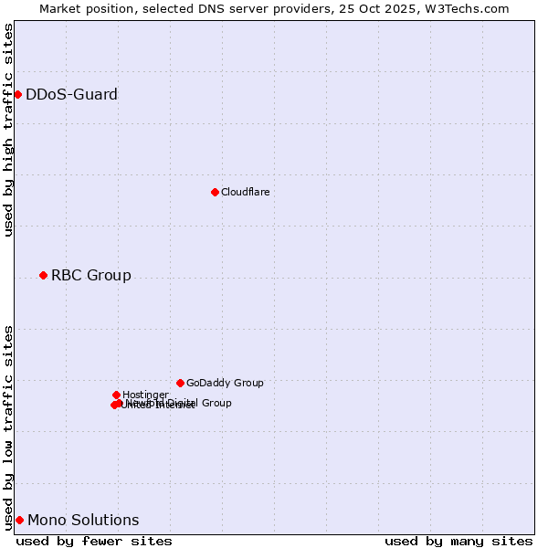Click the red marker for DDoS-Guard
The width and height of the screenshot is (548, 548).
pos(17,94)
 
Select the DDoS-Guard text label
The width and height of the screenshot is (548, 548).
pos(71,94)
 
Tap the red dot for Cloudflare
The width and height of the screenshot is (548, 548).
pos(215,192)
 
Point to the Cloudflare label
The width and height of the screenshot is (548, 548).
pos(245,192)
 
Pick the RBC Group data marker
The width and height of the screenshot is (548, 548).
pos(43,275)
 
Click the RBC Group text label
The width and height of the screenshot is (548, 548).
pos(90,275)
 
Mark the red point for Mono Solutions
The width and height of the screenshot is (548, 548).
pos(19,520)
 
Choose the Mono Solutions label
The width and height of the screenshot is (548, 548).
pos(83,520)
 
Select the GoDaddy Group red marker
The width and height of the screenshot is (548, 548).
pos(180,383)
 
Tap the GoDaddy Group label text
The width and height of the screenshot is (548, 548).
pos(225,383)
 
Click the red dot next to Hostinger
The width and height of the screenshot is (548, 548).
pos(116,395)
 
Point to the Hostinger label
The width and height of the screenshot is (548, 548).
pos(145,395)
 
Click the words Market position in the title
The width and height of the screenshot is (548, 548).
pos(84,8)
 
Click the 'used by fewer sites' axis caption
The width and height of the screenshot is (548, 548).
pos(94,541)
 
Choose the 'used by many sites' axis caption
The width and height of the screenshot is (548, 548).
pos(458,541)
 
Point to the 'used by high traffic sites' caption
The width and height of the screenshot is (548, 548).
pos(8,130)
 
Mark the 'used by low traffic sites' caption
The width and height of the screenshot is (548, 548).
pos(8,427)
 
